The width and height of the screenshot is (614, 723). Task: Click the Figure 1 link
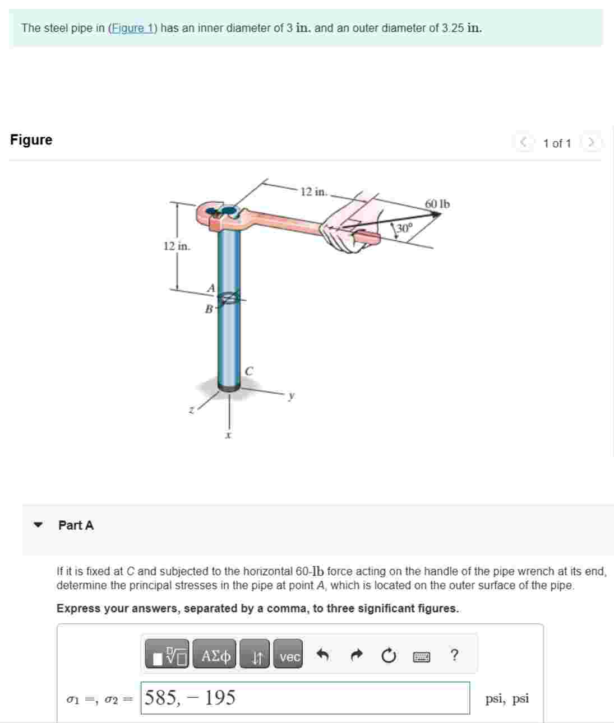(132, 28)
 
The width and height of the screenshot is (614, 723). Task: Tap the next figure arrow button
(590, 143)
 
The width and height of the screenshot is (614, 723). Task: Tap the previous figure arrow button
(523, 143)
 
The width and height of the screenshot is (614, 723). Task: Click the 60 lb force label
(437, 204)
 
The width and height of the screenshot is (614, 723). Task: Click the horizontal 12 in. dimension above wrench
(313, 192)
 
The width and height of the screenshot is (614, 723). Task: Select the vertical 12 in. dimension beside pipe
(177, 246)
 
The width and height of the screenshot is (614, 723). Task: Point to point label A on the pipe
(211, 288)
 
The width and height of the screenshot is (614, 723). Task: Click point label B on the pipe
(209, 309)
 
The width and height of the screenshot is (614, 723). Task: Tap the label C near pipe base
(249, 371)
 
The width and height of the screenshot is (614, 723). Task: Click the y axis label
(291, 395)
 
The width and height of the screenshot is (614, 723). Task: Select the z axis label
(191, 411)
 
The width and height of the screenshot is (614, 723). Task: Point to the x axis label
(228, 435)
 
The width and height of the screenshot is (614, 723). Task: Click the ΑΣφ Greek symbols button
(216, 656)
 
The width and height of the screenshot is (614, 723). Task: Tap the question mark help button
(454, 655)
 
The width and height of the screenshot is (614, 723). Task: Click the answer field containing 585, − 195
(305, 698)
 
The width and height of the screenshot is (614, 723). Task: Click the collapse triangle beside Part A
(38, 525)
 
